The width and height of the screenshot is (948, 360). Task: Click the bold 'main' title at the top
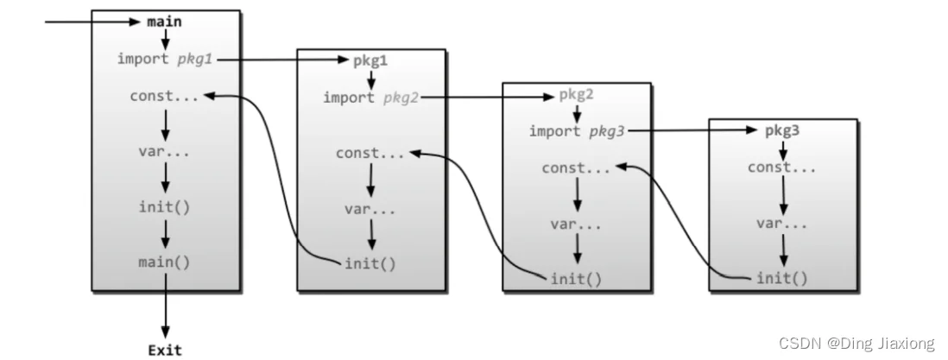pos(164,22)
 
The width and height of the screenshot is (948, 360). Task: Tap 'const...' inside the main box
pos(164,96)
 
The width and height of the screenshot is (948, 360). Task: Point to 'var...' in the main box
pos(164,152)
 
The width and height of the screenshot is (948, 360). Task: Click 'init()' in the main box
pos(164,207)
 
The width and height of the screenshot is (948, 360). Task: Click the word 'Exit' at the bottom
pos(164,350)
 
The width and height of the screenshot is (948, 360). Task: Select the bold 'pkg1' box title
pos(370,61)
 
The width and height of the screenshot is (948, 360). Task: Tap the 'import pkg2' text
pos(370,98)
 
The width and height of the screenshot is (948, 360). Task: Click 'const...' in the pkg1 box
pos(370,154)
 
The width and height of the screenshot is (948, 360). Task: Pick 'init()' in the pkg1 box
pos(370,264)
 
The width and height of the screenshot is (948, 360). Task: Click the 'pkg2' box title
pos(576,94)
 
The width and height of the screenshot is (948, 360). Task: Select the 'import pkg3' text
pos(576,131)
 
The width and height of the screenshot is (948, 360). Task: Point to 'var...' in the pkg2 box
pos(576,224)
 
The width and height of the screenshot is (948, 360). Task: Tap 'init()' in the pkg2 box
pos(576,279)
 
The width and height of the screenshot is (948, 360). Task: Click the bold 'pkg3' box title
pos(782,131)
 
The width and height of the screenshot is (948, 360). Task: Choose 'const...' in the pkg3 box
pos(782,167)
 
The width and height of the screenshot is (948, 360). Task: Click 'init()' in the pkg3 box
pos(782,278)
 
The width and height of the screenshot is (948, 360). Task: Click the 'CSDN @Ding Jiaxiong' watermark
pos(856,344)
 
